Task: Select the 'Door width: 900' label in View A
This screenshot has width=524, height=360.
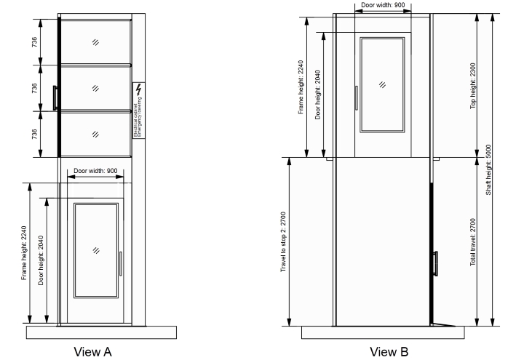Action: point(95,170)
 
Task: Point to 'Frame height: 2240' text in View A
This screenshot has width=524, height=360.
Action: point(24,253)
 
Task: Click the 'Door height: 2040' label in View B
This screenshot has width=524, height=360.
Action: point(318,95)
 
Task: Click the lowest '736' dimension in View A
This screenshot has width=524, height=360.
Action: point(35,133)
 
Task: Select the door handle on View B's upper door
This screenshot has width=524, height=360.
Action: point(356,97)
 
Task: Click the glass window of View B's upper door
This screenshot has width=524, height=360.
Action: point(382,84)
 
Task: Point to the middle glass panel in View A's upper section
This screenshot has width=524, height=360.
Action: point(95,87)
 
